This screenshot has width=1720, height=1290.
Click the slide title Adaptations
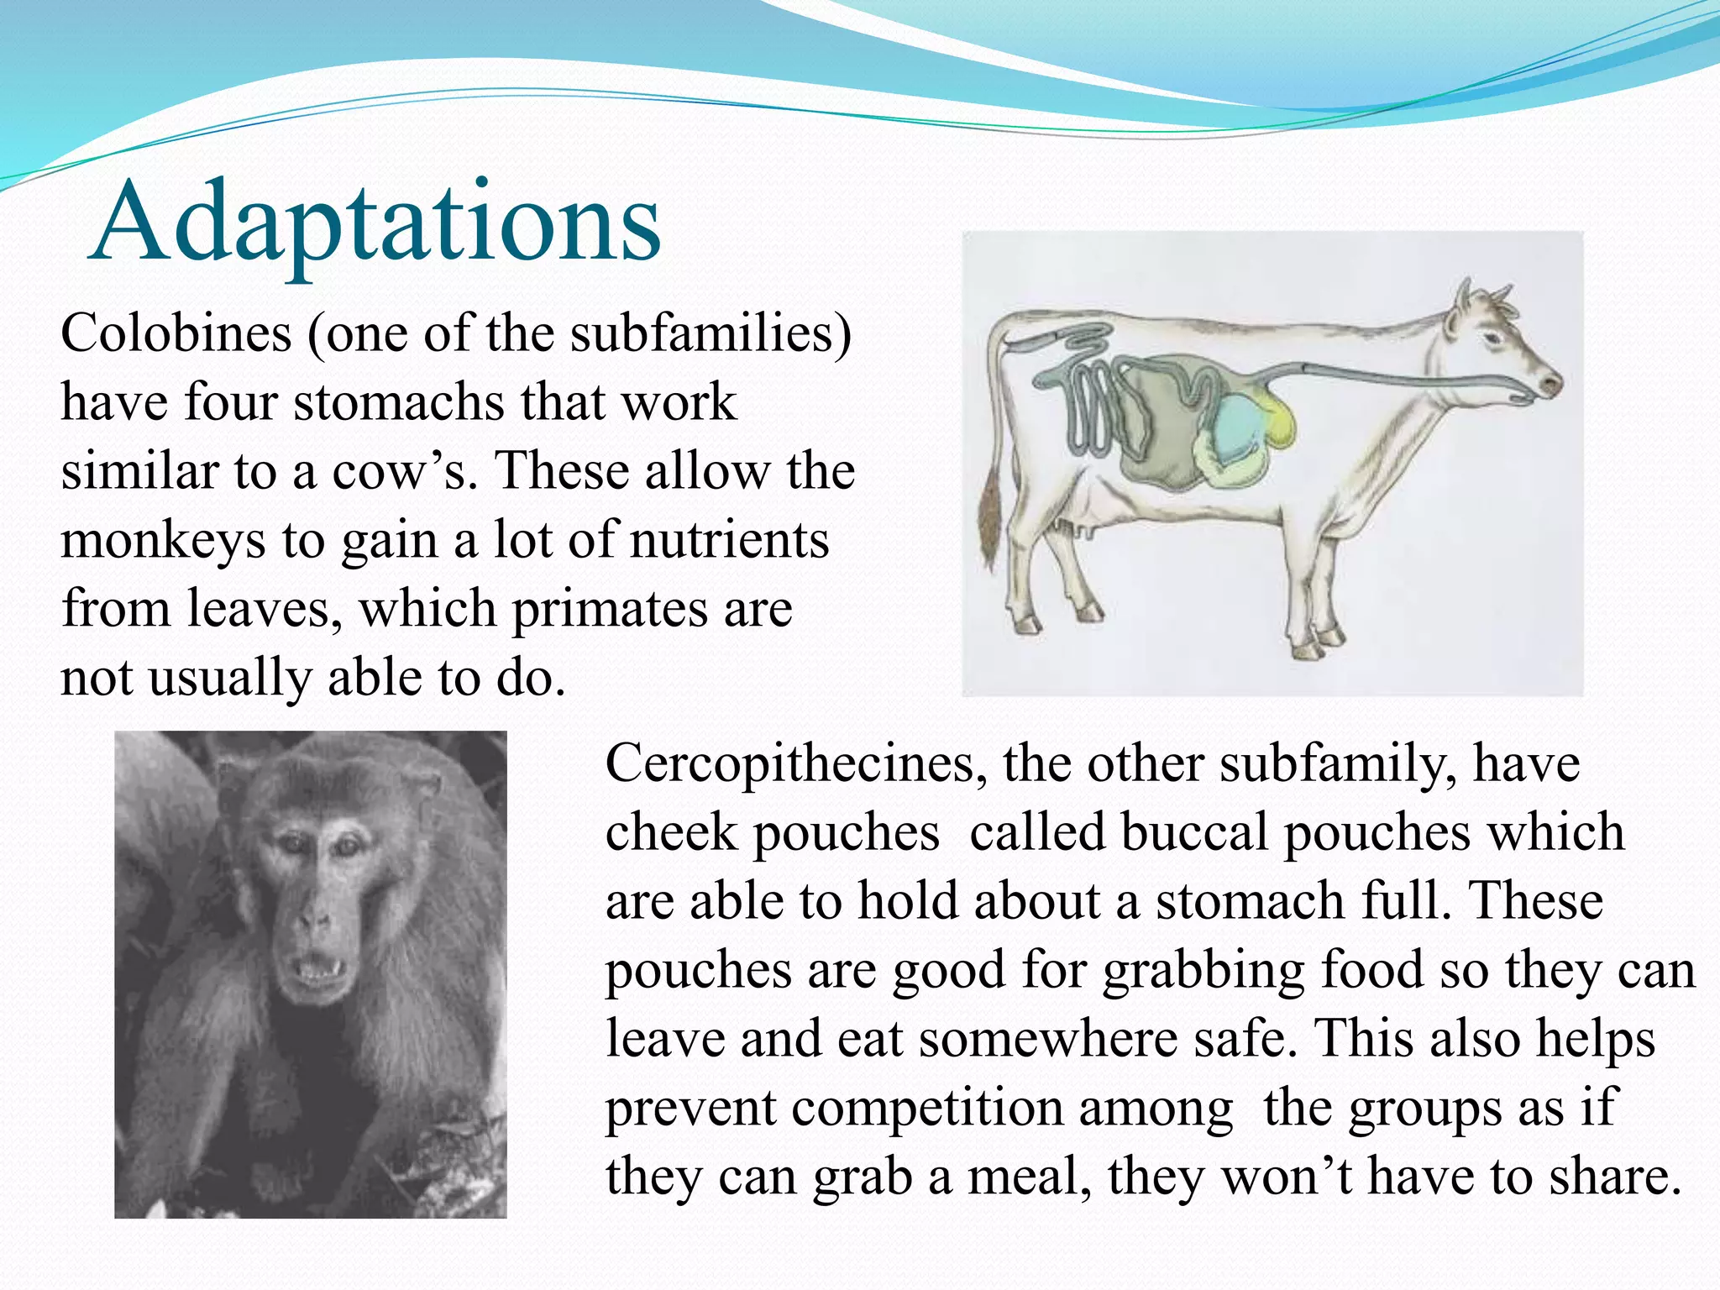pyautogui.click(x=375, y=223)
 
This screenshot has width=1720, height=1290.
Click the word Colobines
pyautogui.click(x=176, y=333)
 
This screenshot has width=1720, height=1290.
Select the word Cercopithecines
pyautogui.click(x=795, y=764)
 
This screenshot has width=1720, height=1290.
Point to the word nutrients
pyautogui.click(x=730, y=540)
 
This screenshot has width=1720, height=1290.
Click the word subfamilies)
pyautogui.click(x=711, y=333)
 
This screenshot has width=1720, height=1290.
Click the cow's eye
pyautogui.click(x=1492, y=338)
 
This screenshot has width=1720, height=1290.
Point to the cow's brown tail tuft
pyautogui.click(x=991, y=521)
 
